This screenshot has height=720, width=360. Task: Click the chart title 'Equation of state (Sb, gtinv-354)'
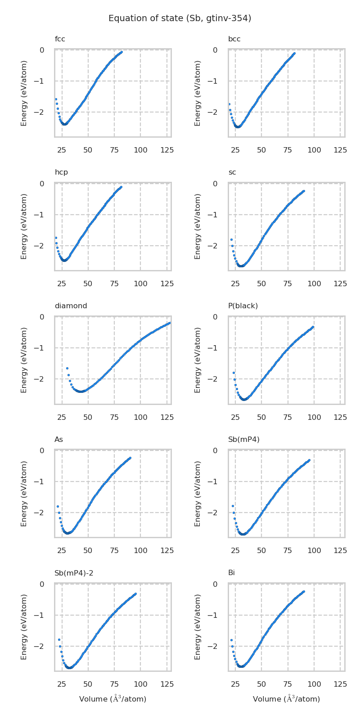tap(180, 18)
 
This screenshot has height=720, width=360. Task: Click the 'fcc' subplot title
tap(60, 39)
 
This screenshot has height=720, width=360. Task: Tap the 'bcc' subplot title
tap(234, 39)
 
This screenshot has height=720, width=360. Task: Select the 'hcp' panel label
tap(61, 172)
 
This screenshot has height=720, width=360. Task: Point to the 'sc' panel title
tap(232, 172)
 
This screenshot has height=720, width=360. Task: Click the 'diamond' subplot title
tap(71, 306)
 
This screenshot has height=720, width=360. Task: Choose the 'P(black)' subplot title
tap(243, 306)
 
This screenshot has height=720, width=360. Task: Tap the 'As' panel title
tap(58, 440)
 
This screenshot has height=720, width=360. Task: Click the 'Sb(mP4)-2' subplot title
tap(74, 573)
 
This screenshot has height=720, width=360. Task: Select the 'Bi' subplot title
tap(231, 573)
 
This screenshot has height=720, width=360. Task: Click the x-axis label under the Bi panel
tap(286, 699)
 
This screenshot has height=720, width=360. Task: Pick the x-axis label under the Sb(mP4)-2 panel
tap(112, 699)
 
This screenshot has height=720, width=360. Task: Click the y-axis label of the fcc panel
tap(24, 93)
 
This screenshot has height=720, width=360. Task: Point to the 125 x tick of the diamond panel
tap(167, 418)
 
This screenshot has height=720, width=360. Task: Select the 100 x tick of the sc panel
tap(314, 284)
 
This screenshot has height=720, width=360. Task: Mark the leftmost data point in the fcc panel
tap(56, 99)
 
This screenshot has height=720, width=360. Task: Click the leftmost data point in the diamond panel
tap(67, 368)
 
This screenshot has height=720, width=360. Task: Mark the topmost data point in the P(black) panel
tap(313, 327)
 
